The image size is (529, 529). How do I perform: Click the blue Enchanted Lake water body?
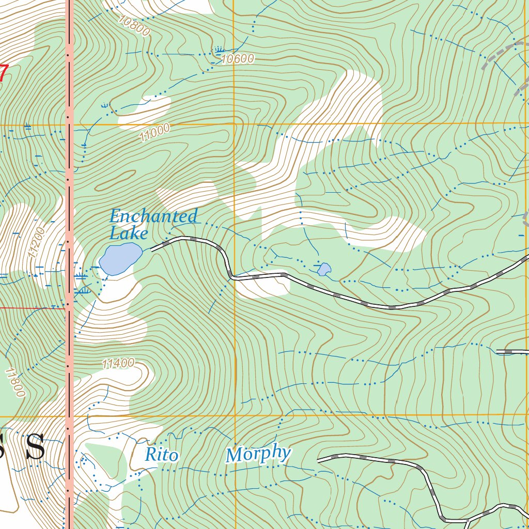pyautogui.click(x=120, y=259)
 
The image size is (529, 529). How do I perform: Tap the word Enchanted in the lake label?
pyautogui.click(x=153, y=216)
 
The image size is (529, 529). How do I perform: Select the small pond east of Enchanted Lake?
pyautogui.click(x=324, y=269)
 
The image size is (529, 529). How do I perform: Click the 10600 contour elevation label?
pyautogui.click(x=238, y=59)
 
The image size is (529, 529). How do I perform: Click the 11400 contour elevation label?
pyautogui.click(x=118, y=364)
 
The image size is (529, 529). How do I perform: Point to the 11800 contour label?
pyautogui.click(x=15, y=382)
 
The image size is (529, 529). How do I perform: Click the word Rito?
pyautogui.click(x=162, y=456)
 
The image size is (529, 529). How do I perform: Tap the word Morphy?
pyautogui.click(x=258, y=454)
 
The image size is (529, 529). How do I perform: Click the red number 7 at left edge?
pyautogui.click(x=3, y=72)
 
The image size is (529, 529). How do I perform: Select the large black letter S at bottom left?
pyautogui.click(x=35, y=447)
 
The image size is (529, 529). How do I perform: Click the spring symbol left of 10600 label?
pyautogui.click(x=219, y=50)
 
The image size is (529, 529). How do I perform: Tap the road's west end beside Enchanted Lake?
pyautogui.click(x=153, y=249)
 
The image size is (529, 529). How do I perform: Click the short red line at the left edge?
pyautogui.click(x=31, y=308)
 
